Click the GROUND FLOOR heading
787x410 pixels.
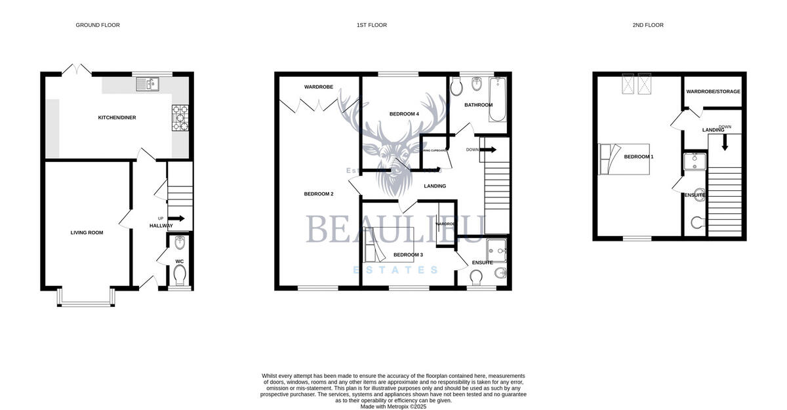tap(98, 25)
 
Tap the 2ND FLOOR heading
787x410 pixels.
tap(648, 25)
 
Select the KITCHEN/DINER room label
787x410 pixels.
tap(117, 117)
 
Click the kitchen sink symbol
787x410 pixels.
tap(148, 83)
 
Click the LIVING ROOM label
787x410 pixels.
tap(87, 232)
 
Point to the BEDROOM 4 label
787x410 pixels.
tap(404, 114)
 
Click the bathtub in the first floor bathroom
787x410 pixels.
tap(496, 99)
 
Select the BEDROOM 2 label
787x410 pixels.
tap(319, 194)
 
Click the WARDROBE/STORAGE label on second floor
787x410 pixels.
tap(714, 91)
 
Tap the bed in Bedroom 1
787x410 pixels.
tap(624, 159)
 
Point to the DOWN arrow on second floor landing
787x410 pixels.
tap(725, 141)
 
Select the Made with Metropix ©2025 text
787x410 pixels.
tap(393, 406)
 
